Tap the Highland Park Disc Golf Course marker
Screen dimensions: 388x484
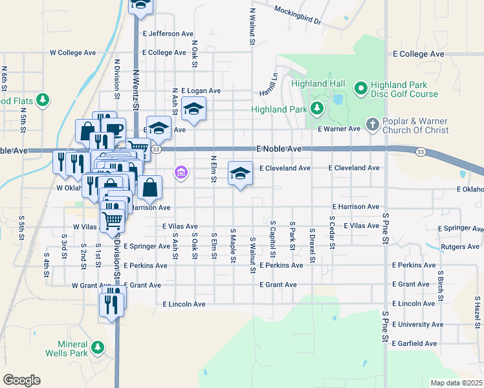click(x=360, y=87)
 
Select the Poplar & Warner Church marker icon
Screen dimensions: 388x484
click(x=372, y=124)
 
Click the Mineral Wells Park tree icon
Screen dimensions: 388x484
click(x=98, y=348)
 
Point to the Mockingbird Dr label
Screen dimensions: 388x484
click(x=297, y=15)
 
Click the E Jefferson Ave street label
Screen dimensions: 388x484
click(x=168, y=34)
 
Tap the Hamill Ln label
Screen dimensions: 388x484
click(x=269, y=81)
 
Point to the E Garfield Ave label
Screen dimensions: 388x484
click(x=415, y=343)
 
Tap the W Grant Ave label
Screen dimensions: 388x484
click(x=89, y=285)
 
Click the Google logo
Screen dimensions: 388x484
click(x=21, y=380)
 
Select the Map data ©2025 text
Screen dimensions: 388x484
click(x=456, y=383)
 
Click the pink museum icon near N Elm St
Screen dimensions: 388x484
click(x=181, y=173)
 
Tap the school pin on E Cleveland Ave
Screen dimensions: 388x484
click(x=240, y=173)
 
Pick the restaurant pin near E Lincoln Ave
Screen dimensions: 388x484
click(x=111, y=304)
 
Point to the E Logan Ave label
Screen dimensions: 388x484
click(x=201, y=91)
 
